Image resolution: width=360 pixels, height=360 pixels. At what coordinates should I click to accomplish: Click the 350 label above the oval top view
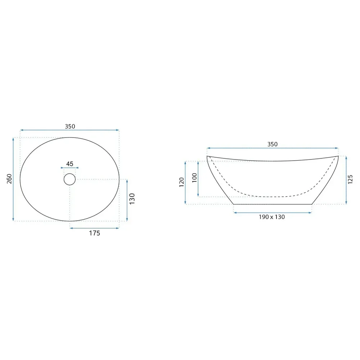coord(70,126)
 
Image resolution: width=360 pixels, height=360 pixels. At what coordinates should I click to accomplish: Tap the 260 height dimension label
coord(9,179)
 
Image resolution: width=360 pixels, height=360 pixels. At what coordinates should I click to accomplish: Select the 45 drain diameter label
coord(69,164)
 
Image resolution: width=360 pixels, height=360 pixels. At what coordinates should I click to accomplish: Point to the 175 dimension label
coord(95,233)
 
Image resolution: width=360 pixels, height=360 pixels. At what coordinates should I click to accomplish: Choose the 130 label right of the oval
coord(132,199)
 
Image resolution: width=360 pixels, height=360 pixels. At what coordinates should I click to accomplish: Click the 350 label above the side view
coord(273,144)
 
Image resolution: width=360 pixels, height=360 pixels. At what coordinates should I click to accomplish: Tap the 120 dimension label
coord(181,182)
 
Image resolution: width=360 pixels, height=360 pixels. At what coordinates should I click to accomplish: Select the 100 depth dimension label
coord(194,178)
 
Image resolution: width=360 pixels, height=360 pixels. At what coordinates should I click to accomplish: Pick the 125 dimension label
coord(350,179)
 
